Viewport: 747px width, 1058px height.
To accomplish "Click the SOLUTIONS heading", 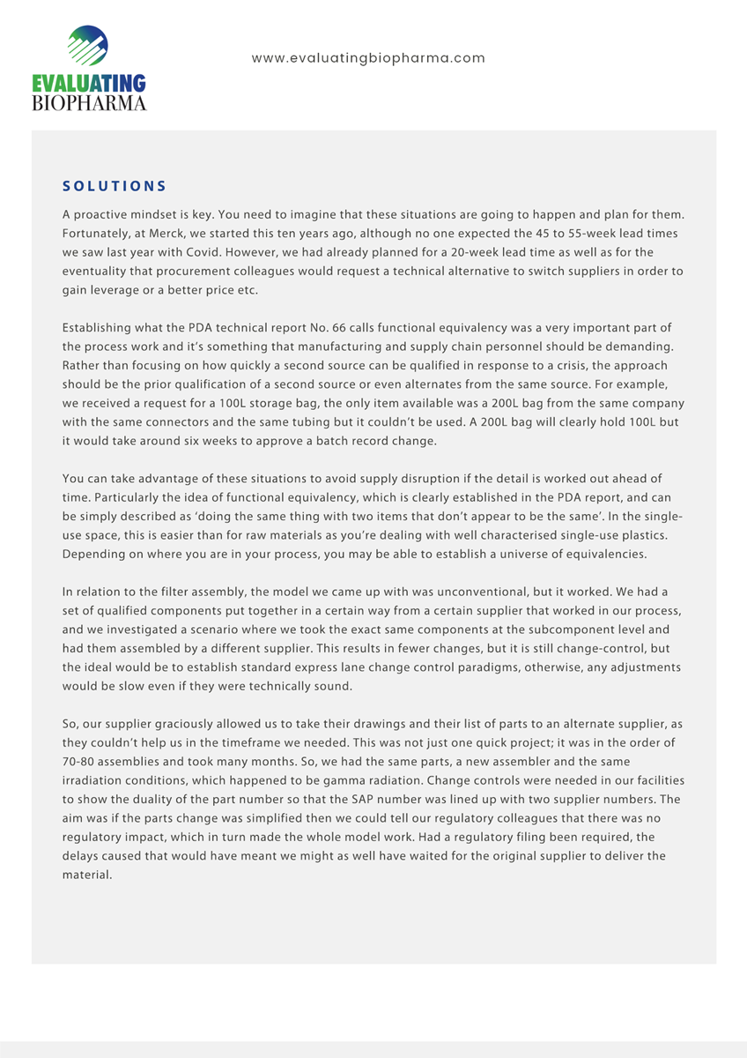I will coord(115,186).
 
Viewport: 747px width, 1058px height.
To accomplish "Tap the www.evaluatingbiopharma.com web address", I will coord(368,58).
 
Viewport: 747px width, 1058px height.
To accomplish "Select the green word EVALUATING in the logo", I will coord(88,85).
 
